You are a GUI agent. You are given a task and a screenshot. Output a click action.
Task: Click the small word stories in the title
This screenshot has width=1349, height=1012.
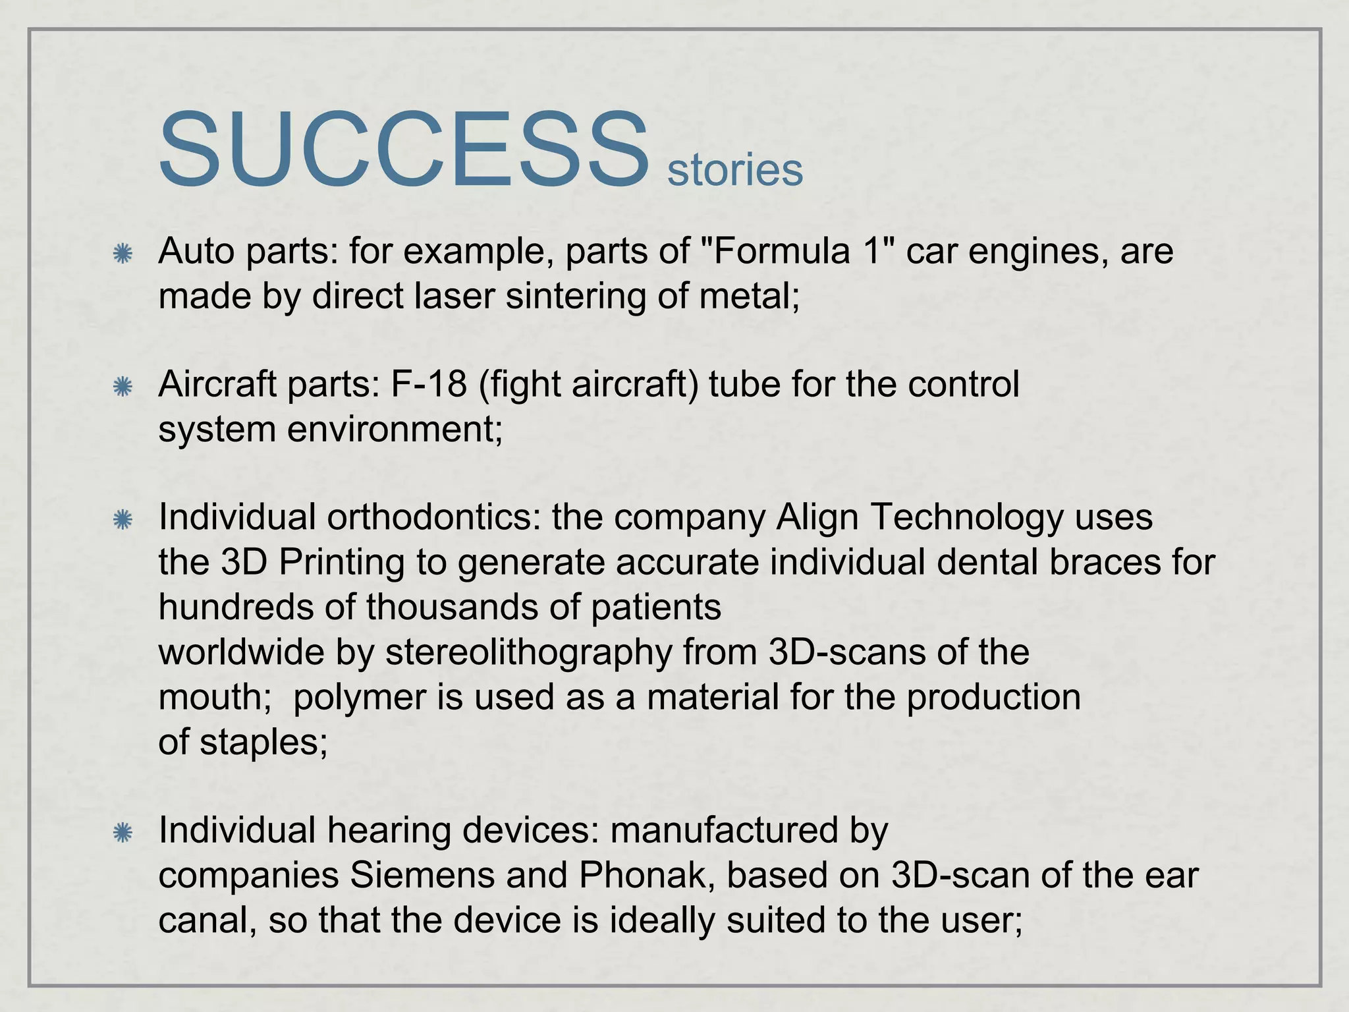(x=734, y=170)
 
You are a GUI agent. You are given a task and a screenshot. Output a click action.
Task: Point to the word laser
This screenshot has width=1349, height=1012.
(x=454, y=296)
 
